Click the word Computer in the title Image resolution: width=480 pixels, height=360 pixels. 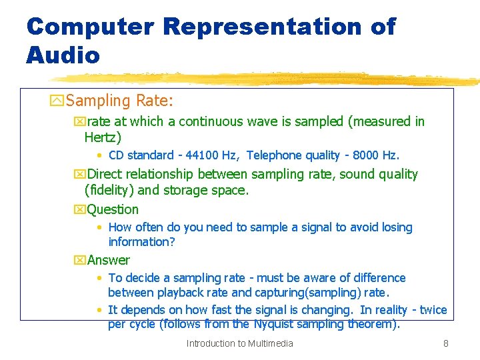(x=90, y=27)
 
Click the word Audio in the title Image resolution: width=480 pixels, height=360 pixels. (x=63, y=55)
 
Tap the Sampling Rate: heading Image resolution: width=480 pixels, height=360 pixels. (x=119, y=101)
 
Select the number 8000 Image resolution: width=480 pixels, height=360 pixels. (x=365, y=155)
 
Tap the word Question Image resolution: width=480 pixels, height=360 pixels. (x=113, y=209)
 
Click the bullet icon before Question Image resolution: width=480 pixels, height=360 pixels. (x=80, y=209)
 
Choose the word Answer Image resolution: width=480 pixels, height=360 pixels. (x=108, y=260)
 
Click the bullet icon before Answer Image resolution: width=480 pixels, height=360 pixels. (x=80, y=260)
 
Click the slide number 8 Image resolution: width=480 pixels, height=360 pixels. (x=445, y=343)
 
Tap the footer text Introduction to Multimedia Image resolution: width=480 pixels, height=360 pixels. (x=239, y=343)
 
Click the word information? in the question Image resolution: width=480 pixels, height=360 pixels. (x=141, y=241)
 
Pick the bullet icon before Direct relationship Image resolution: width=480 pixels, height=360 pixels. (x=80, y=175)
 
